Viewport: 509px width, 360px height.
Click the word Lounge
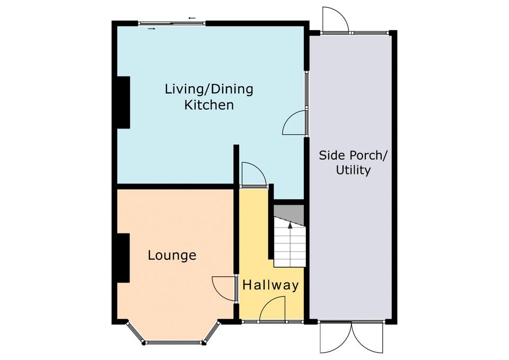tap(172, 256)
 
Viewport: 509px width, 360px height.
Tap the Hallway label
tap(271, 285)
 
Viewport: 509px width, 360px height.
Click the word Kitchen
tap(209, 105)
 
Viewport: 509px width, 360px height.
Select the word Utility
tap(353, 170)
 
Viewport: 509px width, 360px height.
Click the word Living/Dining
tap(209, 89)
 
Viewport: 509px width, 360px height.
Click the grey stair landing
tap(289, 214)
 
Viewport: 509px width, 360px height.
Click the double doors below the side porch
tap(352, 338)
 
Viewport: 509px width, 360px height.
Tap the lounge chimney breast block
tap(124, 258)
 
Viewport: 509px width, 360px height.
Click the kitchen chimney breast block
tap(124, 102)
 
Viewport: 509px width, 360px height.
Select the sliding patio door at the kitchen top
tap(172, 23)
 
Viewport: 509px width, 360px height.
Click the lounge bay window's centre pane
tap(174, 342)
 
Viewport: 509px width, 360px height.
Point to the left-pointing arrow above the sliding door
tap(192, 18)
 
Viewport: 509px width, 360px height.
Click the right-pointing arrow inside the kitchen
tap(152, 29)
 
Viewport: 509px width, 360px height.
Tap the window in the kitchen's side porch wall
tap(306, 90)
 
